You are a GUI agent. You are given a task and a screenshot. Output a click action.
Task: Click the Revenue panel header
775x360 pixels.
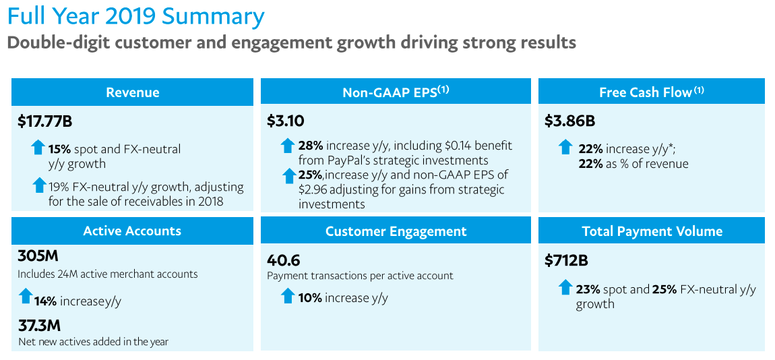click(132, 92)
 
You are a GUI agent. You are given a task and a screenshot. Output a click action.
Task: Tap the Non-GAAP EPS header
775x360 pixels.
click(396, 92)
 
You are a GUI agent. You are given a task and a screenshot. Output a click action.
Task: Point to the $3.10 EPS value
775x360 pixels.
click(286, 122)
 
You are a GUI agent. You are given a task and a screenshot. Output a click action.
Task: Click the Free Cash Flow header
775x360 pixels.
click(652, 92)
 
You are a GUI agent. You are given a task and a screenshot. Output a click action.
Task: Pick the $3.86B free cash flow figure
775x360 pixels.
click(570, 122)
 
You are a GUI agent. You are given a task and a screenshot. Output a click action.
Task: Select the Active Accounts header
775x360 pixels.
click(132, 231)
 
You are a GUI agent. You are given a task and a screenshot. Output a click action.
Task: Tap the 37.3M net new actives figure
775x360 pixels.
click(40, 326)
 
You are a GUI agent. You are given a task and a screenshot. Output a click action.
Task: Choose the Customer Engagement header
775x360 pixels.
click(396, 231)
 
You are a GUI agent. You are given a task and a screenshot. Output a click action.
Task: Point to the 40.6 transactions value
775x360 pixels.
click(284, 260)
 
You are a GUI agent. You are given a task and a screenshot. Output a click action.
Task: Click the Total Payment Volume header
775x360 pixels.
click(652, 231)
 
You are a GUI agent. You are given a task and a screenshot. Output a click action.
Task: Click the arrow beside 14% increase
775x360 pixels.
click(26, 295)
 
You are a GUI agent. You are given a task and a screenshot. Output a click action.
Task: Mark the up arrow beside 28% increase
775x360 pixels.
click(288, 145)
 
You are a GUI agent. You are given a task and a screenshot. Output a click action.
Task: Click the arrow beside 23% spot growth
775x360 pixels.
click(565, 287)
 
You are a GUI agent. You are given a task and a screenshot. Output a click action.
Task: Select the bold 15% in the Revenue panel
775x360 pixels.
click(59, 149)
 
